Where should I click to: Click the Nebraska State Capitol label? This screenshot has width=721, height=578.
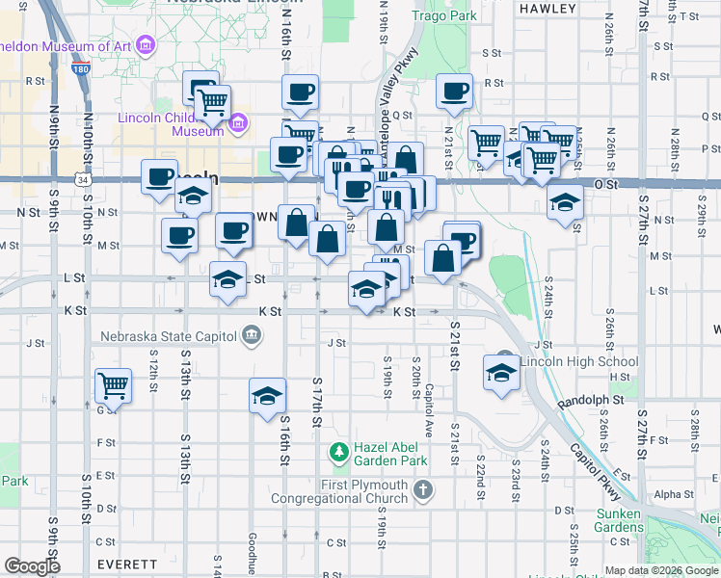click(170, 335)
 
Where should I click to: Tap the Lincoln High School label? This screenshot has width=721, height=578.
click(565, 362)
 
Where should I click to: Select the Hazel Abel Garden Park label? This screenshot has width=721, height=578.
click(401, 450)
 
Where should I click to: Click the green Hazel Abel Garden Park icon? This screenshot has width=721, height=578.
click(337, 450)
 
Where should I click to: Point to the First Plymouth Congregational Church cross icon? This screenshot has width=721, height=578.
click(422, 491)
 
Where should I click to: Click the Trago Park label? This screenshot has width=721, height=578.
click(444, 16)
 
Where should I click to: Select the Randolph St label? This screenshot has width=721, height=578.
click(591, 398)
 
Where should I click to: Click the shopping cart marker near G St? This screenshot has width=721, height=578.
click(114, 385)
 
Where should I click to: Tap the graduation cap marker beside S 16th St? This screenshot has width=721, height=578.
click(267, 396)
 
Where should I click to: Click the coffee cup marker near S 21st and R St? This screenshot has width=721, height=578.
click(454, 92)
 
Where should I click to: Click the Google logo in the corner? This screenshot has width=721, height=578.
click(33, 566)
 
